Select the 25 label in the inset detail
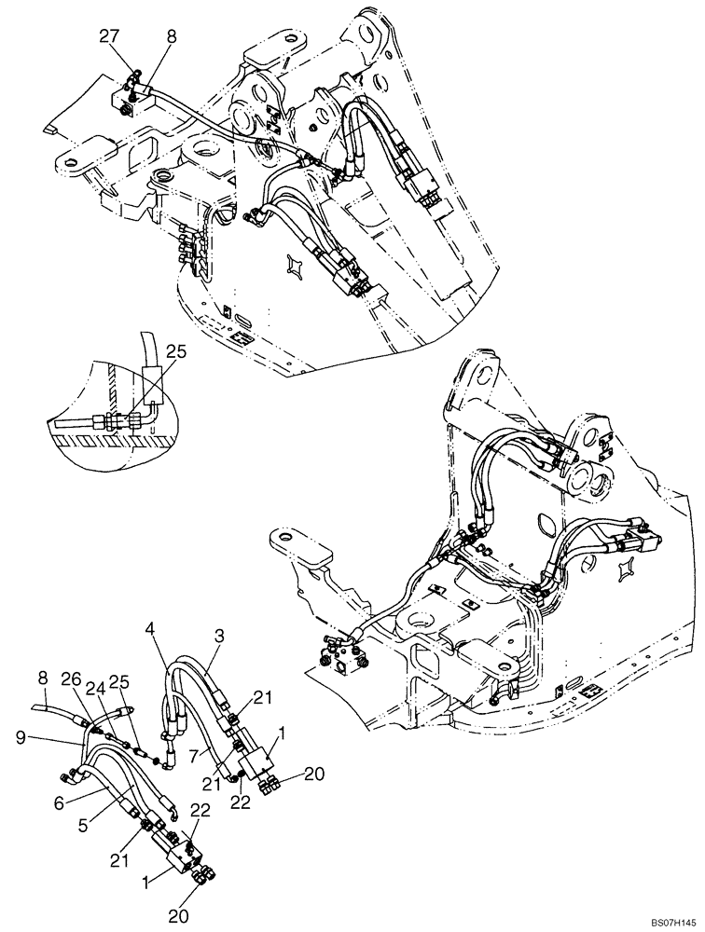pyautogui.click(x=176, y=351)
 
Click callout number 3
pyautogui.click(x=221, y=636)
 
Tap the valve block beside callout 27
pyautogui.click(x=126, y=96)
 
